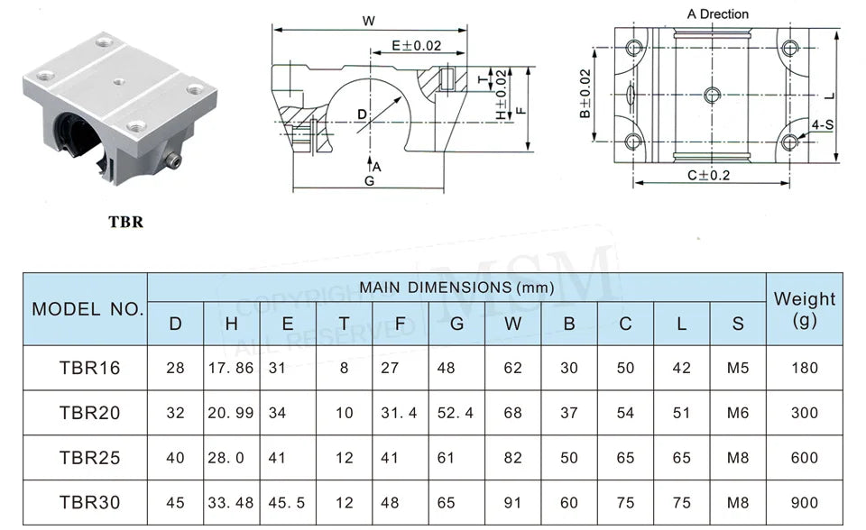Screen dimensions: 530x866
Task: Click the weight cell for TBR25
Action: pos(804,458)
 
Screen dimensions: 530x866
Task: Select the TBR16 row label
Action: pos(89,368)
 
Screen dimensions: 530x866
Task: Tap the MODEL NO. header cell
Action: pos(88,309)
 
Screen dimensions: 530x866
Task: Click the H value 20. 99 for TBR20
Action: pos(231,413)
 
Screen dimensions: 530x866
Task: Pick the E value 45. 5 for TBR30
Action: pos(287,503)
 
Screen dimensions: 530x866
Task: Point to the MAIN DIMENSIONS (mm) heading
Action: pos(456,288)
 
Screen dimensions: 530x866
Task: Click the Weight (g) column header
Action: pos(804,308)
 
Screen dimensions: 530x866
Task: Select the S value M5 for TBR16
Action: pos(738,368)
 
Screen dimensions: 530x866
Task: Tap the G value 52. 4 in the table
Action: pos(456,413)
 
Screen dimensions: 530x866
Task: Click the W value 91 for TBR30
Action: pos(512,503)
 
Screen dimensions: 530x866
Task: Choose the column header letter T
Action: pos(344,324)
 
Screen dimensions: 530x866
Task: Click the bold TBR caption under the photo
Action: pos(125,222)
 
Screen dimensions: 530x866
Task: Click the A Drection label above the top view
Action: pos(717,14)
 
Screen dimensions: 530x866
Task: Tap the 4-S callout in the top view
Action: pos(822,124)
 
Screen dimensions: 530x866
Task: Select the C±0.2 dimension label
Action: pos(709,175)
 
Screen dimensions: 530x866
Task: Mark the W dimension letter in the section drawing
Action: pos(368,21)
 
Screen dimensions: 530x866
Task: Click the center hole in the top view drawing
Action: pos(712,94)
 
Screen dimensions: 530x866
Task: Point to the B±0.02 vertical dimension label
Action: pos(585,94)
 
